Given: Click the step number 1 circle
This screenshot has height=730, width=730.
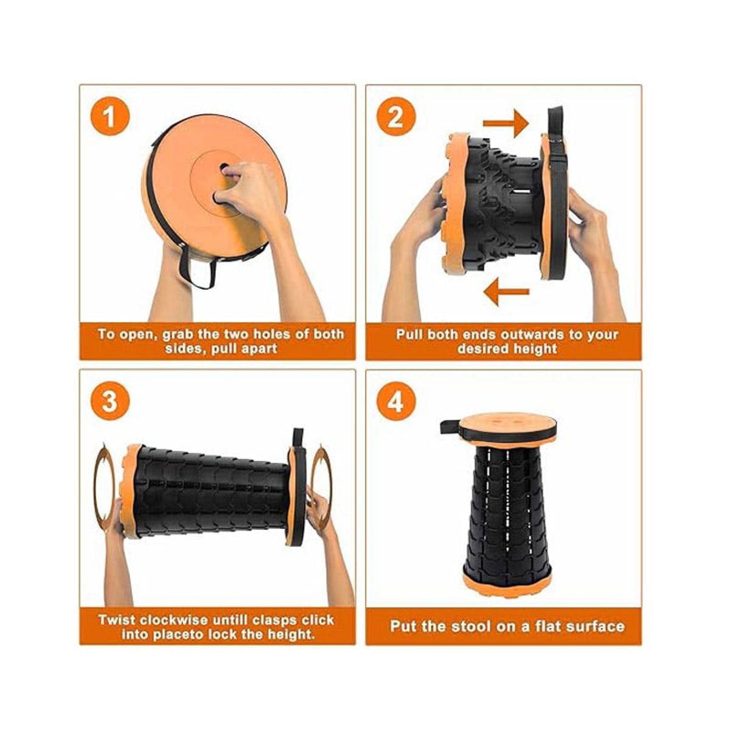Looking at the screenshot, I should click(109, 116).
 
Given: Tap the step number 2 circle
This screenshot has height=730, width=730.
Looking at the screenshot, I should click(395, 116).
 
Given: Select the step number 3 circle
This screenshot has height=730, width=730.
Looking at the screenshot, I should click(109, 401).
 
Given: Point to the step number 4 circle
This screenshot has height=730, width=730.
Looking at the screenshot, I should click(395, 401).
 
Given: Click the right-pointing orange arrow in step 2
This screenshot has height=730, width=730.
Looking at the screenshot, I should click(506, 123).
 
